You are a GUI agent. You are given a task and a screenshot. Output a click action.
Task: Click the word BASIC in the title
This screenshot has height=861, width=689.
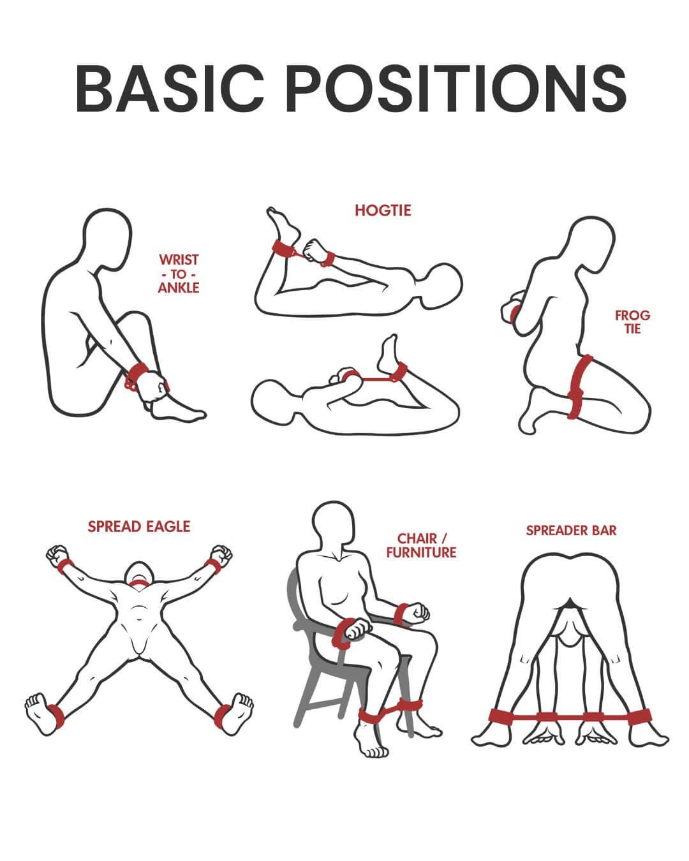point(170,88)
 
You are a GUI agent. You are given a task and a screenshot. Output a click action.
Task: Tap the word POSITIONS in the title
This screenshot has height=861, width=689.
point(456,88)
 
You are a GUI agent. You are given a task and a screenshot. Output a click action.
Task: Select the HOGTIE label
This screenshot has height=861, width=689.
point(383,210)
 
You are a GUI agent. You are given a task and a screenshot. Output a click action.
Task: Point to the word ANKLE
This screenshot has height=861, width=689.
point(179,288)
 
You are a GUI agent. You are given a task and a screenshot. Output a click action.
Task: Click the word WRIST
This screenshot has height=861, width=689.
point(179,260)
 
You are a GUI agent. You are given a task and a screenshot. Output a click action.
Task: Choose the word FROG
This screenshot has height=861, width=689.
point(633,316)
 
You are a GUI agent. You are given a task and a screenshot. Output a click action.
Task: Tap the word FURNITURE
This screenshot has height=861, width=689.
point(421,552)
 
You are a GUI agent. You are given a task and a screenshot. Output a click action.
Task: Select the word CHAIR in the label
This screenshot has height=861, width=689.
point(417,538)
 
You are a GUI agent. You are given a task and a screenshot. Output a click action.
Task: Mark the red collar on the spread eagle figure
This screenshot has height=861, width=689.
point(139,585)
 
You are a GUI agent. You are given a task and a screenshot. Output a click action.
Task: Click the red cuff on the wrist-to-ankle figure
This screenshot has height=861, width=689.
point(135,376)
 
